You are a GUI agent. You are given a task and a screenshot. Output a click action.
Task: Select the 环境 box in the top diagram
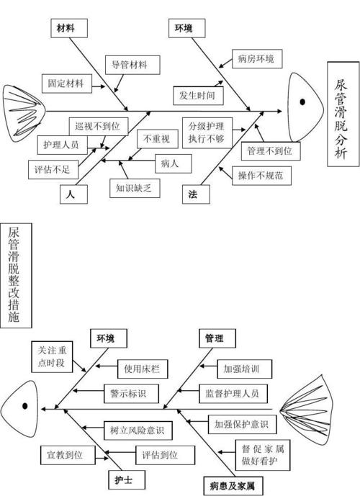click(183, 28)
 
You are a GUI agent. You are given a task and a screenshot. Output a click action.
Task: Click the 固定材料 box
click(66, 84)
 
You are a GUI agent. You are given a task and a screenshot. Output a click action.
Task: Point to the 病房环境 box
click(256, 58)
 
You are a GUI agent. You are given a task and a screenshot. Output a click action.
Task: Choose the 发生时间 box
click(197, 95)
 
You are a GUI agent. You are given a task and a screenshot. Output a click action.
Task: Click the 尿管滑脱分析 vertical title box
click(340, 115)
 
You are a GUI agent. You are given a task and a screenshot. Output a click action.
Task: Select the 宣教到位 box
click(65, 455)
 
